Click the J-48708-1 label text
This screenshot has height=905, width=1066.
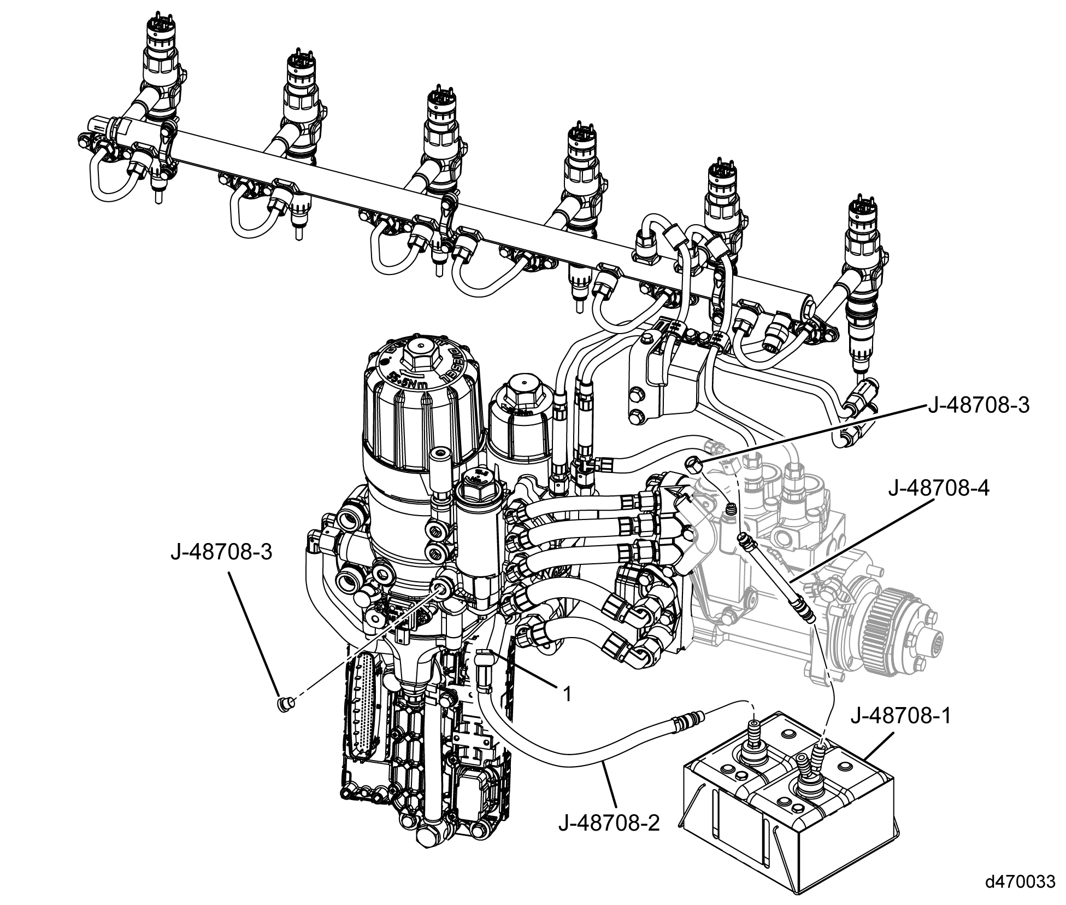click(x=899, y=716)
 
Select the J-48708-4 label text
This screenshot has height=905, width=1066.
click(x=938, y=488)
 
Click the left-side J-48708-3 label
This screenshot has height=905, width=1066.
click(x=221, y=552)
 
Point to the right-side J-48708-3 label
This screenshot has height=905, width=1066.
click(x=979, y=406)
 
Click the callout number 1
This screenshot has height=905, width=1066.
click(x=567, y=694)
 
